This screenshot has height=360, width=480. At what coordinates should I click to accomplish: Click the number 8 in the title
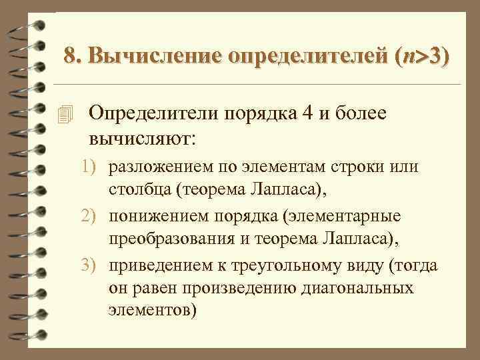[70, 57]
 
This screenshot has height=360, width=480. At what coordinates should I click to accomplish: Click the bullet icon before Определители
[64, 115]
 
